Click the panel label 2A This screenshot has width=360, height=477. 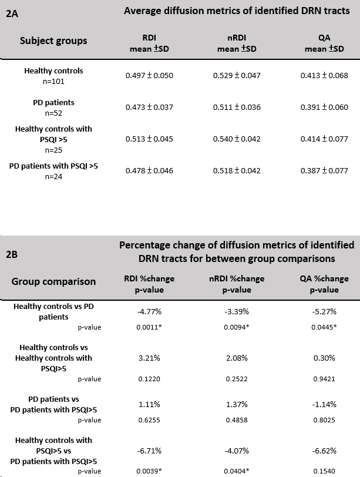coord(12,14)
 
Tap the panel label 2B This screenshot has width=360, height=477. coord(12,254)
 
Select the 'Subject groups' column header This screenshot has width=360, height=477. coord(53,41)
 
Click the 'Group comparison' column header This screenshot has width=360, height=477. coord(53,281)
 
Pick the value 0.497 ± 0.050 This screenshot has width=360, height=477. coord(149,75)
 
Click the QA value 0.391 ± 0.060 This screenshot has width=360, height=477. coord(324,107)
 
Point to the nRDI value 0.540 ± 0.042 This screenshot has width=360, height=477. coord(237,139)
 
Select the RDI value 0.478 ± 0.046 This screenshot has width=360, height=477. coord(149,171)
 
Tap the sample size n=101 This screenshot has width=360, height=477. coord(53,82)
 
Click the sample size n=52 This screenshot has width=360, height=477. coord(53,113)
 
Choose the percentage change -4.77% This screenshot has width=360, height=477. coord(149,311)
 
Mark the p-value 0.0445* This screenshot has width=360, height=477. coord(324,327)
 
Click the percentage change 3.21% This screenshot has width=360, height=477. coord(149,358)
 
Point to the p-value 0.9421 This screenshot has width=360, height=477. coord(324,379)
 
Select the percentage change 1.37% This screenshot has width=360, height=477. coord(237,404)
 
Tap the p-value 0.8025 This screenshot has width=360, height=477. coord(324,420)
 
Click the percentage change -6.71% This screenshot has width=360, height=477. coord(149,451)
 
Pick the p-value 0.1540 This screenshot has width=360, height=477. coord(324,471)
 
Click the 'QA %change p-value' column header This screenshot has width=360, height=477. coord(324,284)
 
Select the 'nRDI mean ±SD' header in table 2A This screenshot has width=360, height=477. coord(237,43)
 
